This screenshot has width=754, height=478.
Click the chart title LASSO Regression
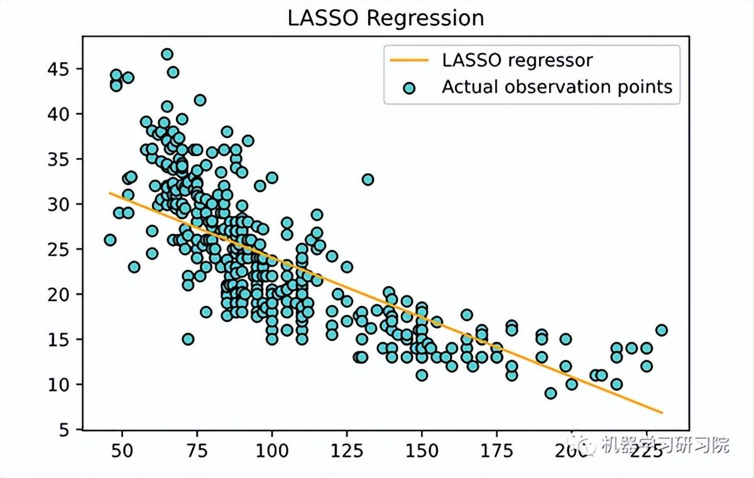coord(386,18)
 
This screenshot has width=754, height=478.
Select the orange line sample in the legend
coord(409,60)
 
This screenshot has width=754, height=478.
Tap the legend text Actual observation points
coord(557,87)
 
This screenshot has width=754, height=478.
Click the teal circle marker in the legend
coord(409,87)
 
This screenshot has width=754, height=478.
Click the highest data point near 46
coord(167,55)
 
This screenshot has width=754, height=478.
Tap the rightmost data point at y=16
coord(661,330)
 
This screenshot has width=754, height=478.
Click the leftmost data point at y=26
coord(110,240)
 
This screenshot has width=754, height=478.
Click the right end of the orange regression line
coord(662,413)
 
